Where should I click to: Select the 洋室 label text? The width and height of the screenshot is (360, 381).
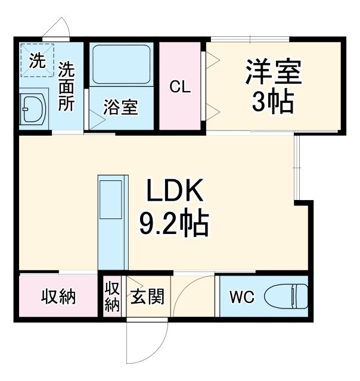click(273, 73)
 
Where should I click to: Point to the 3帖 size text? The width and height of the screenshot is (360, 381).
click(273, 102)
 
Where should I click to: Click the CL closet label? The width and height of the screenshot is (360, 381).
click(181, 88)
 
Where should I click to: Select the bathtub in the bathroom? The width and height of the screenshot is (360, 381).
click(122, 64)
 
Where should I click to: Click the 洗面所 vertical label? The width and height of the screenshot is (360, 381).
click(66, 87)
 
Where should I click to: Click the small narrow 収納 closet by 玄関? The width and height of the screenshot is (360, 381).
click(112, 296)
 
